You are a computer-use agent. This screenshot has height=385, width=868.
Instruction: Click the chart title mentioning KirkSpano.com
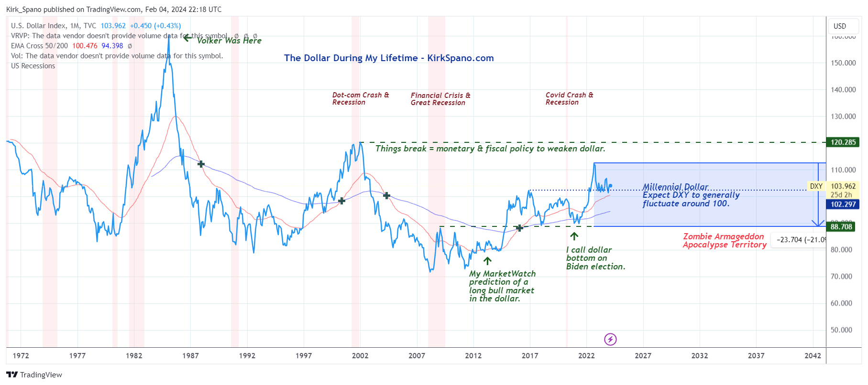(388, 58)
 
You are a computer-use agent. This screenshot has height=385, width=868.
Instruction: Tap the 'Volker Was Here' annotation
(229, 41)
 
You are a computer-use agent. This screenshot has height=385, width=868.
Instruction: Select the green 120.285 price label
(843, 142)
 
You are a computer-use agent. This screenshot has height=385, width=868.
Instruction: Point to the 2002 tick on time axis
(360, 356)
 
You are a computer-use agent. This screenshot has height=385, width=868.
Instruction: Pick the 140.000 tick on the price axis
(843, 90)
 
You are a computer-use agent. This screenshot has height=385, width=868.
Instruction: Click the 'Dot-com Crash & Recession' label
(361, 99)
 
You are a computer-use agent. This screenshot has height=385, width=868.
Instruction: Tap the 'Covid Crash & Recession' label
(569, 99)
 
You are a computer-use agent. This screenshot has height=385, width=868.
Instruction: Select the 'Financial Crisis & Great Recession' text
(440, 99)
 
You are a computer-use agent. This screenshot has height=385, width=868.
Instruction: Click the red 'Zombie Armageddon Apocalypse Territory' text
(724, 241)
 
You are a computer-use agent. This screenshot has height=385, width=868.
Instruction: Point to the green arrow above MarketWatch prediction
(487, 261)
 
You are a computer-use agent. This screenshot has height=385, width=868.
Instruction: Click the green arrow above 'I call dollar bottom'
(574, 236)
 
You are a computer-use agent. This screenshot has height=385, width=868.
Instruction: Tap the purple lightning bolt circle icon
(610, 340)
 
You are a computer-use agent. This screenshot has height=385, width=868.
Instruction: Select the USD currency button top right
(840, 26)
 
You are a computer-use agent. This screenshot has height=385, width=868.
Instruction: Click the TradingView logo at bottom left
(34, 375)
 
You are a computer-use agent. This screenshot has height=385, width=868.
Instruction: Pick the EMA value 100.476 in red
(85, 46)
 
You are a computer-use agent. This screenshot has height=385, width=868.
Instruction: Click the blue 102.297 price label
(843, 204)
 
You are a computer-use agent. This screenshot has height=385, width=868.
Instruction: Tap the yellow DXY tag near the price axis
(816, 186)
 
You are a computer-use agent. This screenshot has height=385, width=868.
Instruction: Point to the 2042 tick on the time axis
(813, 356)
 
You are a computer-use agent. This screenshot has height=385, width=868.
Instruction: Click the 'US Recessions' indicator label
(33, 66)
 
